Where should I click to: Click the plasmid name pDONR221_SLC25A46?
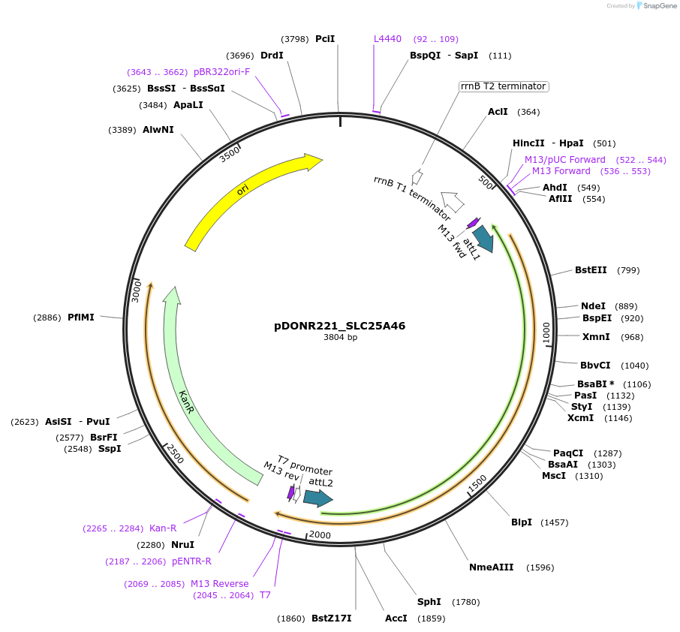[339, 326]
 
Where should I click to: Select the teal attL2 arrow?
[317, 498]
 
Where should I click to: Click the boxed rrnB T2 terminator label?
[504, 86]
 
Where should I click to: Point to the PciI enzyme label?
[325, 39]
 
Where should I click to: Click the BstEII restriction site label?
[591, 270]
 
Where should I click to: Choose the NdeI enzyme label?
[593, 306]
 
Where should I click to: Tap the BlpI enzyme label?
[521, 522]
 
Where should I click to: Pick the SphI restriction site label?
[429, 602]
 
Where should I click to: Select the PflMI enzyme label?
[80, 318]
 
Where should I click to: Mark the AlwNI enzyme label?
[158, 130]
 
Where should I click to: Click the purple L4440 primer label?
[388, 39]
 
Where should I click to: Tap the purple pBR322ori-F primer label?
[221, 72]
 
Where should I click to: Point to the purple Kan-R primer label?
[163, 528]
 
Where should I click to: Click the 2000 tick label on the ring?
[320, 534]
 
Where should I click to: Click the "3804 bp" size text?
[340, 338]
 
